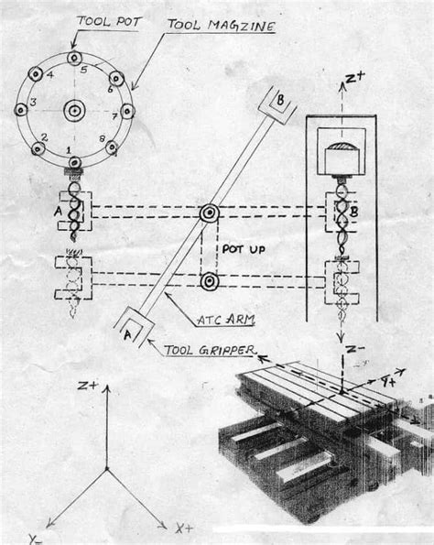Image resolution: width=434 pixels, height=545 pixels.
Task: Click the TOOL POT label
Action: coord(109,22)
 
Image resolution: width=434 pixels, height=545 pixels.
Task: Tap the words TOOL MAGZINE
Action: coord(222,26)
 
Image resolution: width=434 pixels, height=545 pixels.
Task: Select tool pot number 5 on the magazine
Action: coord(74,58)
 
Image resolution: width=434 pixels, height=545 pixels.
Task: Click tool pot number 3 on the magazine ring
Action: coord(21,110)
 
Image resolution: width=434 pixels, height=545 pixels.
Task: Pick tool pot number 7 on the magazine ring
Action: coord(127,111)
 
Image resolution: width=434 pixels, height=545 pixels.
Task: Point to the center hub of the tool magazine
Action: coord(74,111)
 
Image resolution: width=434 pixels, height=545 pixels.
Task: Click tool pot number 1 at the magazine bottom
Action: coord(75,162)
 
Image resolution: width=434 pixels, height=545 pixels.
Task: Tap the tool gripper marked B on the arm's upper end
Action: coord(277,105)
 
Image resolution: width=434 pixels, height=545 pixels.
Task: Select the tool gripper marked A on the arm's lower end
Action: coord(134,327)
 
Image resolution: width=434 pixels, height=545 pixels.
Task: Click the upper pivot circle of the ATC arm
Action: coord(210,213)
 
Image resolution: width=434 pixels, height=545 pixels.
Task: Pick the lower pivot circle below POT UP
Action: coord(210,281)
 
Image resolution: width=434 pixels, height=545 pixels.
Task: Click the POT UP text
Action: coord(244,249)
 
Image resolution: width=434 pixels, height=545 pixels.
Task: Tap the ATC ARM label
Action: coord(226,320)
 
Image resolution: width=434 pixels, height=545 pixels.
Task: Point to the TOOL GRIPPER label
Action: coord(210,350)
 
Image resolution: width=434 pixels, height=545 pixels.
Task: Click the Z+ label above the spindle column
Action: coord(355,78)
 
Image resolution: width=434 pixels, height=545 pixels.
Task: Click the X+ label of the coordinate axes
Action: coord(184,529)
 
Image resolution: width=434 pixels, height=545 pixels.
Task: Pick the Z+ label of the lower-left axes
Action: coord(88,386)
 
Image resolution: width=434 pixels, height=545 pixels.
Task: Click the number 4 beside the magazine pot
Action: coord(50,75)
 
